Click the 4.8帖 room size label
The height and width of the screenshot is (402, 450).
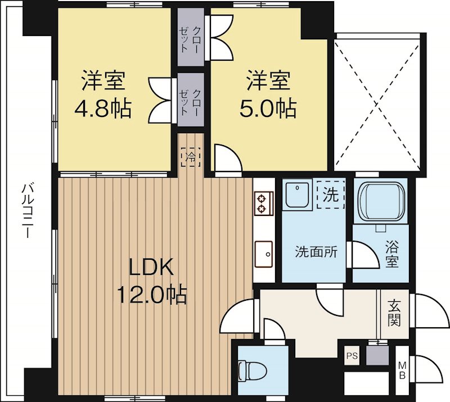coord(103,109)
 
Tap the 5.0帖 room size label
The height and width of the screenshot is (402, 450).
coord(268,109)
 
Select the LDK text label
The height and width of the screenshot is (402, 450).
coord(151,267)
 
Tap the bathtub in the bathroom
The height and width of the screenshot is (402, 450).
coord(380,201)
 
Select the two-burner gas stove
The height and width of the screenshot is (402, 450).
coord(264,204)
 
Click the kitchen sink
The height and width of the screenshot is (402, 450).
coord(263,254)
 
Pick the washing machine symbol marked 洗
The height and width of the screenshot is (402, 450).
coord(331,195)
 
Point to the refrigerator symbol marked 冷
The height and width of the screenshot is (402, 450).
coord(191,157)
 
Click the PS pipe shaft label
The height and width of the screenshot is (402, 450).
coord(352,356)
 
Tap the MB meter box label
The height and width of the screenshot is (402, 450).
coord(402,370)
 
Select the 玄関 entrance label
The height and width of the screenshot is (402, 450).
coord(394,313)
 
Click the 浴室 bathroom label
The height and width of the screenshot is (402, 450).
coord(391,254)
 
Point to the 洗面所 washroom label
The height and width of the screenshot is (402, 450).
coord(316,252)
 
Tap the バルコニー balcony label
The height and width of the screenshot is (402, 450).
coord(28,211)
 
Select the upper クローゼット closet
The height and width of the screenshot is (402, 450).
coord(191,37)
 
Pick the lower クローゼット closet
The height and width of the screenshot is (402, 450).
coord(191,100)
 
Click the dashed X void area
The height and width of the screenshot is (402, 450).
coord(377,105)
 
